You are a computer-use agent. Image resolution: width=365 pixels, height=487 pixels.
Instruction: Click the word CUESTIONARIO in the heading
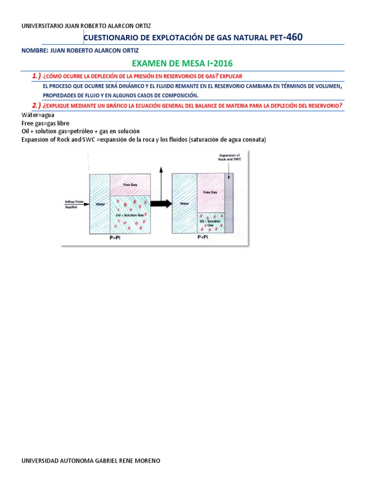108,38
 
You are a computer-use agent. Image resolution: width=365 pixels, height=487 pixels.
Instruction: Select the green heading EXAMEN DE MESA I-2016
182,64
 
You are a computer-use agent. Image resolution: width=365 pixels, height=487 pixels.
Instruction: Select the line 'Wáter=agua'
38,115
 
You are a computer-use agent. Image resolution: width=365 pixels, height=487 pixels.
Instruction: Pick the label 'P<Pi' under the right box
203,237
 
